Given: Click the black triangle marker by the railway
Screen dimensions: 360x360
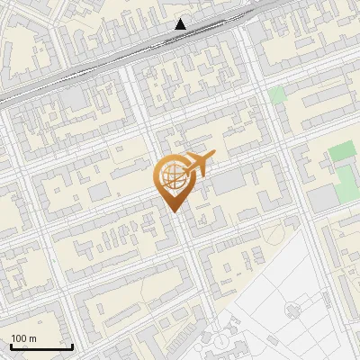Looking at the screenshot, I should pyautogui.click(x=181, y=24).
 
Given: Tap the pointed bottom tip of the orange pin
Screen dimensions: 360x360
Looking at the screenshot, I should pyautogui.click(x=172, y=211).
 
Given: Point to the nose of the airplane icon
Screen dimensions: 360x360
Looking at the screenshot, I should pyautogui.click(x=213, y=157).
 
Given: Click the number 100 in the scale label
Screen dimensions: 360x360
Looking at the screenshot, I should pyautogui.click(x=19, y=339).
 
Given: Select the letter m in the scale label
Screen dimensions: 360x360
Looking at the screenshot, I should pyautogui.click(x=32, y=339).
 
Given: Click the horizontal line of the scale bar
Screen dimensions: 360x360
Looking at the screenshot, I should pyautogui.click(x=41, y=347).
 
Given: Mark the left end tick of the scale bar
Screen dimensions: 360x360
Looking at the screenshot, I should pyautogui.click(x=11, y=346).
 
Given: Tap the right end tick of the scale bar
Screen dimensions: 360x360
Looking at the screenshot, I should pyautogui.click(x=72, y=346).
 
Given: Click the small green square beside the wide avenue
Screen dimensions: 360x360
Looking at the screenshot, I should pyautogui.click(x=277, y=94).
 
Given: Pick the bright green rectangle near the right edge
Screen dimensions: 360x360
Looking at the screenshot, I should pyautogui.click(x=341, y=151).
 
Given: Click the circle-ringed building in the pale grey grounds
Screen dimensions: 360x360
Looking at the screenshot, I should pyautogui.click(x=293, y=310).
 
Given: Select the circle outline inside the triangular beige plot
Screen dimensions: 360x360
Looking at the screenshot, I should pyautogui.click(x=274, y=234).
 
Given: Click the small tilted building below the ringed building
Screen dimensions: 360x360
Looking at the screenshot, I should pyautogui.click(x=220, y=340).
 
